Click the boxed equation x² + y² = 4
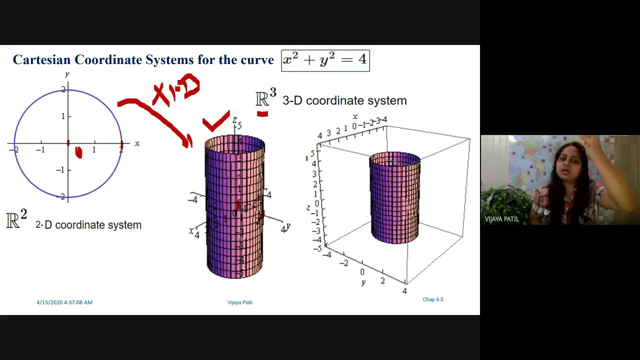click(x=325, y=60)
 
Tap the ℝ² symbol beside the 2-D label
click(x=16, y=220)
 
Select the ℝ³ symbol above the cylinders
click(x=265, y=98)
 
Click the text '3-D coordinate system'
click(x=344, y=100)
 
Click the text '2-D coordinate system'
click(x=88, y=225)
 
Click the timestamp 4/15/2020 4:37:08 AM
click(x=64, y=302)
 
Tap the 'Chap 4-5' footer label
click(x=433, y=299)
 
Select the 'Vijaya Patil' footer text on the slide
click(x=239, y=302)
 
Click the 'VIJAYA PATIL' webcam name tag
click(x=501, y=219)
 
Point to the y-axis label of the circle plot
click(x=67, y=74)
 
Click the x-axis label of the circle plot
click(x=137, y=143)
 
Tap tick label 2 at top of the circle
click(x=63, y=89)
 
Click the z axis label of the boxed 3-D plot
click(x=308, y=207)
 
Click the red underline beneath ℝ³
click(x=262, y=114)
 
